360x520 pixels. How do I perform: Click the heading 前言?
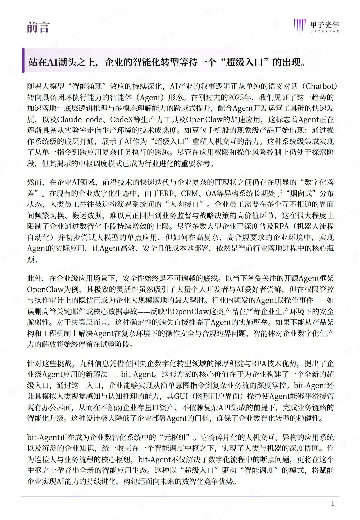(x=38, y=27)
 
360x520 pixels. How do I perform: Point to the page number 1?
(x=332, y=503)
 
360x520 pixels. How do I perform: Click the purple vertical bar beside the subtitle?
(x=23, y=60)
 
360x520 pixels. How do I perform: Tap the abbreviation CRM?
(x=190, y=193)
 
